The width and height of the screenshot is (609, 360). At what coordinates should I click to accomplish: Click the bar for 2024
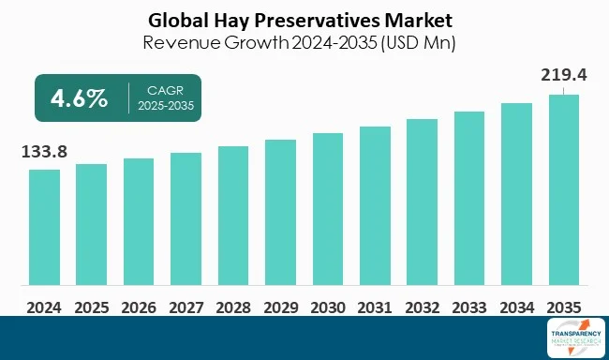pos(44,227)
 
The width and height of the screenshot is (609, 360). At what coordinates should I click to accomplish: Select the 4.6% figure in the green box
pos(78,97)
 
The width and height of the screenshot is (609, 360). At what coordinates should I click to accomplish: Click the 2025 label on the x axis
pos(91,306)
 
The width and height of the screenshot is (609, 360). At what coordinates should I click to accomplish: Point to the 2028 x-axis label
pos(233,306)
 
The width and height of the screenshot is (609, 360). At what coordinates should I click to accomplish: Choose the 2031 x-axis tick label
pos(375,306)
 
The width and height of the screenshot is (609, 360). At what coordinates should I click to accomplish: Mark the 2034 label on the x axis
pos(516,306)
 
